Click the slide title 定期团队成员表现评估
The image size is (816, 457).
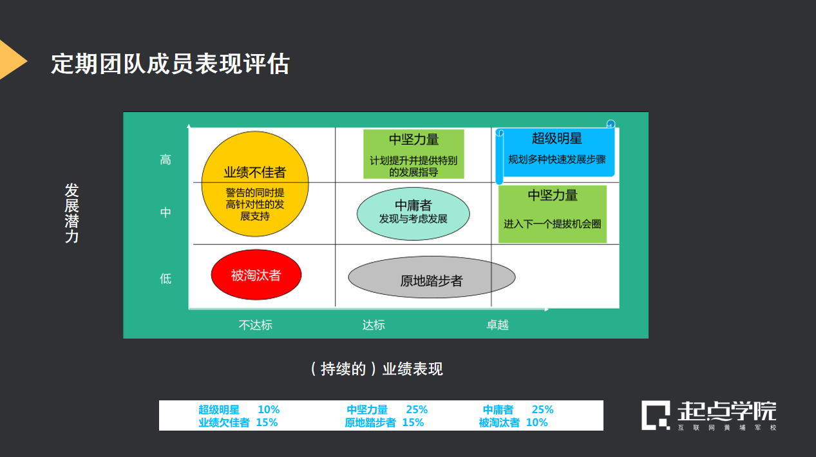tap(170, 64)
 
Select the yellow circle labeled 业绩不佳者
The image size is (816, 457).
tap(255, 184)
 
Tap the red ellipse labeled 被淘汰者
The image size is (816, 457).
tap(256, 275)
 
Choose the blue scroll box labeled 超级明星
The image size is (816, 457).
tap(557, 152)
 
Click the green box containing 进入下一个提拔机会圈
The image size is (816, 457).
tap(553, 214)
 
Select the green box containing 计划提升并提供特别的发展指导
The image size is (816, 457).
tap(413, 154)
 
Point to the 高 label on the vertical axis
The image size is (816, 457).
tap(166, 160)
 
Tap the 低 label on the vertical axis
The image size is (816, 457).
tap(166, 278)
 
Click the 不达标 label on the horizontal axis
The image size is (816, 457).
tap(256, 325)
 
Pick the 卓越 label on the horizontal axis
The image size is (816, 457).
tap(497, 325)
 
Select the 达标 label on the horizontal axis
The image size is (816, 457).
tap(374, 325)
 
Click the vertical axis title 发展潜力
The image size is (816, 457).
tap(71, 213)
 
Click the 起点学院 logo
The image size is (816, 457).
tap(708, 415)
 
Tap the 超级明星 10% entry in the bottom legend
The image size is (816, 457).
tap(239, 409)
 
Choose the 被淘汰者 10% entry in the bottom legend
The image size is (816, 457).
tap(513, 423)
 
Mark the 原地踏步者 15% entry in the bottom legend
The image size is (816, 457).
tap(384, 423)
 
